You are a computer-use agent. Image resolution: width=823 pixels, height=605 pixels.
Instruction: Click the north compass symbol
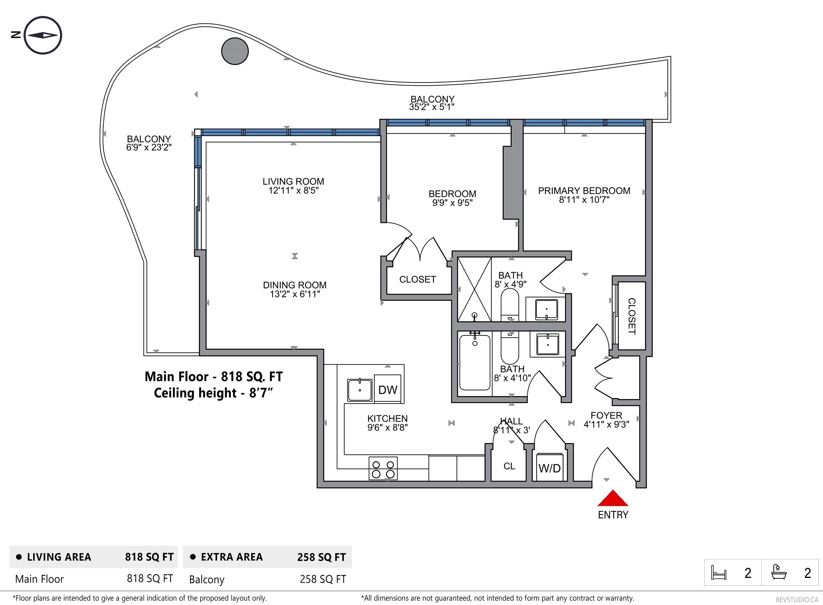(x=43, y=35)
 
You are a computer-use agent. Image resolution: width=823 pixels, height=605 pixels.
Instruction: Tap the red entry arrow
(x=613, y=498)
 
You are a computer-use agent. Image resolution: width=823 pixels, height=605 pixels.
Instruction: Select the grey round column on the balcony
(x=235, y=51)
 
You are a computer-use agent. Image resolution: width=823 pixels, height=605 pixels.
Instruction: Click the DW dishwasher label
(x=388, y=390)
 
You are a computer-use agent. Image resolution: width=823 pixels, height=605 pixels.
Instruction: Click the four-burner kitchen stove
(x=383, y=468)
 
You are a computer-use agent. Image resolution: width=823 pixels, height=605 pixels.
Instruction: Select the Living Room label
(x=293, y=182)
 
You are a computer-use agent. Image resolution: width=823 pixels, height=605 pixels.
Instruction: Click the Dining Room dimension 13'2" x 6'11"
(x=295, y=294)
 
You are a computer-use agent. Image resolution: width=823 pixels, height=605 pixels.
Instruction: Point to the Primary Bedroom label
(x=584, y=191)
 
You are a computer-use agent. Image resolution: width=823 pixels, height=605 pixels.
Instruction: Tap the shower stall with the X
(x=474, y=290)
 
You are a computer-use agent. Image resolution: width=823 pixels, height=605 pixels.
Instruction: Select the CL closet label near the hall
(x=509, y=466)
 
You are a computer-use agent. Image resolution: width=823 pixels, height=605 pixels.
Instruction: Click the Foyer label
(x=606, y=416)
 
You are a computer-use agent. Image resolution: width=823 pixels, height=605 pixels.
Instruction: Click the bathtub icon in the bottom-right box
(x=779, y=572)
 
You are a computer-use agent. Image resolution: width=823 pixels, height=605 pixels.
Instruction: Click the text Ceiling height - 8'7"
(x=214, y=393)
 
